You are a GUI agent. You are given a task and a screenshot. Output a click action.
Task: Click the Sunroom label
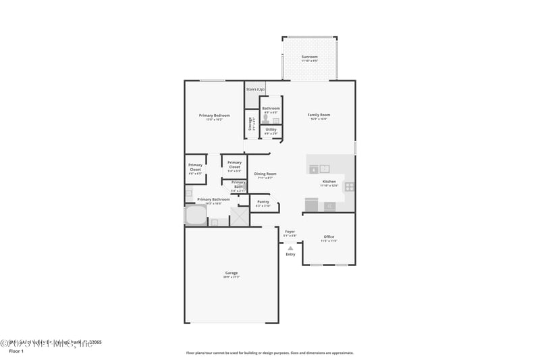pyautogui.click(x=310, y=56)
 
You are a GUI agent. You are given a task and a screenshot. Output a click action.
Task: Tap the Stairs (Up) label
pyautogui.click(x=255, y=89)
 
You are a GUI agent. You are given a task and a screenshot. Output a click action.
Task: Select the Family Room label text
pyautogui.click(x=318, y=115)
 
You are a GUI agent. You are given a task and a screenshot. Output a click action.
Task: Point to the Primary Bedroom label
pyautogui.click(x=214, y=115)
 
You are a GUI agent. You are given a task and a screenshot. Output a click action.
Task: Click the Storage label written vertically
pyautogui.click(x=250, y=124)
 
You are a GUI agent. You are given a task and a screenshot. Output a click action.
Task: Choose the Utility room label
pyautogui.click(x=271, y=129)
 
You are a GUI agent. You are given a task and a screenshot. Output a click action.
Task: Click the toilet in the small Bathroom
pyautogui.click(x=266, y=118)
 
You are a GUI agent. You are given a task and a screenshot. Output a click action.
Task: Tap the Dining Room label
pyautogui.click(x=265, y=174)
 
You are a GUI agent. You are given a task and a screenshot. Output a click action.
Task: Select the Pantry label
pyautogui.click(x=263, y=201)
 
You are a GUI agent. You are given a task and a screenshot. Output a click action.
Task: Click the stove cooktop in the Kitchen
pyautogui.click(x=350, y=187)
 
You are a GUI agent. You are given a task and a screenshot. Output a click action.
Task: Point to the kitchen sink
pyautogui.click(x=324, y=169)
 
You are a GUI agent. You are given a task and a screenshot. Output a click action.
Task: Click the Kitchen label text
pyautogui.click(x=329, y=182)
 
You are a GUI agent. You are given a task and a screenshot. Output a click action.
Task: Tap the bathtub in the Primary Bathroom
pyautogui.click(x=196, y=216)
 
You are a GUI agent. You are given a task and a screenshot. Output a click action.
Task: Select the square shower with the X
pyautogui.click(x=240, y=216)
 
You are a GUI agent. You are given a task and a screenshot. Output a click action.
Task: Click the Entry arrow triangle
pyautogui.click(x=290, y=248)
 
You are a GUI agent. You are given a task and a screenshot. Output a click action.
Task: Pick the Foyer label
pyautogui.click(x=290, y=232)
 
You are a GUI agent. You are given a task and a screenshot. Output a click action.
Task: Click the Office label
pyautogui.click(x=329, y=236)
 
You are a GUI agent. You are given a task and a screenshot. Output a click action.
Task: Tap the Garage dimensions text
pyautogui.click(x=231, y=277)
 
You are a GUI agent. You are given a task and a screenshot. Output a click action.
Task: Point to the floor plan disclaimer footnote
pyautogui.click(x=269, y=353)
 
